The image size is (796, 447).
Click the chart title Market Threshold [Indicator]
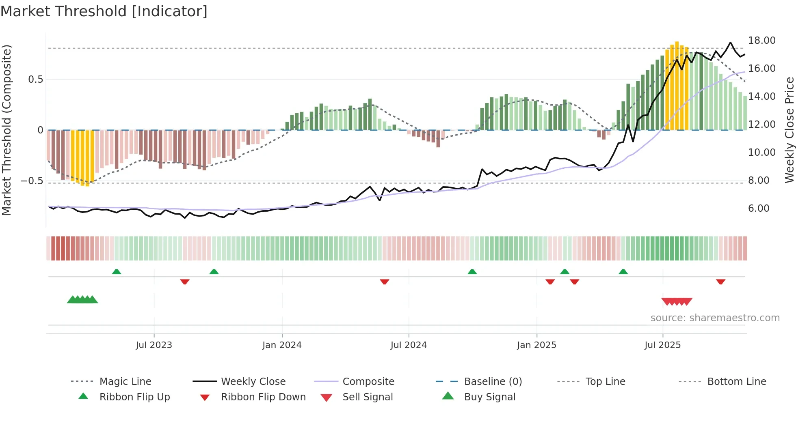(x=104, y=11)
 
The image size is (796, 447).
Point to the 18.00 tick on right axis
(x=761, y=41)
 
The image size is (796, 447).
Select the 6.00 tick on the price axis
(x=758, y=208)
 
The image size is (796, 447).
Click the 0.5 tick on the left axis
(x=35, y=80)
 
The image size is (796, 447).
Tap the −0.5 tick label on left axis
(x=32, y=181)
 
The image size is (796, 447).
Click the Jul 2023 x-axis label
(x=154, y=345)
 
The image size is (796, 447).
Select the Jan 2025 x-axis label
(x=536, y=345)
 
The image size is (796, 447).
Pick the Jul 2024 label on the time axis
(x=409, y=345)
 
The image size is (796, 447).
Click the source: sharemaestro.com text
(x=715, y=318)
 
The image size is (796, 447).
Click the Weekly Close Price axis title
(x=789, y=130)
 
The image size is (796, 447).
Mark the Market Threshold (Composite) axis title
(x=6, y=130)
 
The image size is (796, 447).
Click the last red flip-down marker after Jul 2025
(x=720, y=282)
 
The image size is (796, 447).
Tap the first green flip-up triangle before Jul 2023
(x=117, y=272)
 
